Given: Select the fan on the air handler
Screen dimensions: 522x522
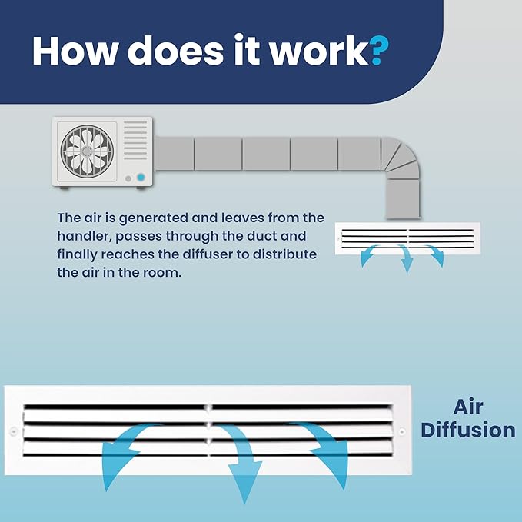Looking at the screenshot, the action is coord(87,151).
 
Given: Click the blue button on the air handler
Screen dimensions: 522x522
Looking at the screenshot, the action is coord(141,177).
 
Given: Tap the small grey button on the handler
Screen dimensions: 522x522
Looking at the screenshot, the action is coord(128,179).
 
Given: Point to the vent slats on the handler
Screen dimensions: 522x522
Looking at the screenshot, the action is coord(135,140).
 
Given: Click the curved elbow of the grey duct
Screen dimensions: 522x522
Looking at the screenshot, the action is coord(401,156).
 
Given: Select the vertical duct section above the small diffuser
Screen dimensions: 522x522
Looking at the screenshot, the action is coord(403,199).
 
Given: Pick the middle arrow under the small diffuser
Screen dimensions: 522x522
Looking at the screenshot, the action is coord(405,259).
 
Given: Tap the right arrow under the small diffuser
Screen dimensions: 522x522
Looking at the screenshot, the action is coord(435,254).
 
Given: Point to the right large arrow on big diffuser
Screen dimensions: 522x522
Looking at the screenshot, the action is coord(324,446).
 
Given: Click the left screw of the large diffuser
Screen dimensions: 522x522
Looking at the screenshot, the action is coord(14,431).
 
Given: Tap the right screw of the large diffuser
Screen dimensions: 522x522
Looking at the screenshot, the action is coord(402,431).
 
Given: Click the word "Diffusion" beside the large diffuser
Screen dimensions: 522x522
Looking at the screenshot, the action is coord(468,430).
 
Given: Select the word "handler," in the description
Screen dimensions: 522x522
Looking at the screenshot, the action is coord(85,236).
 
